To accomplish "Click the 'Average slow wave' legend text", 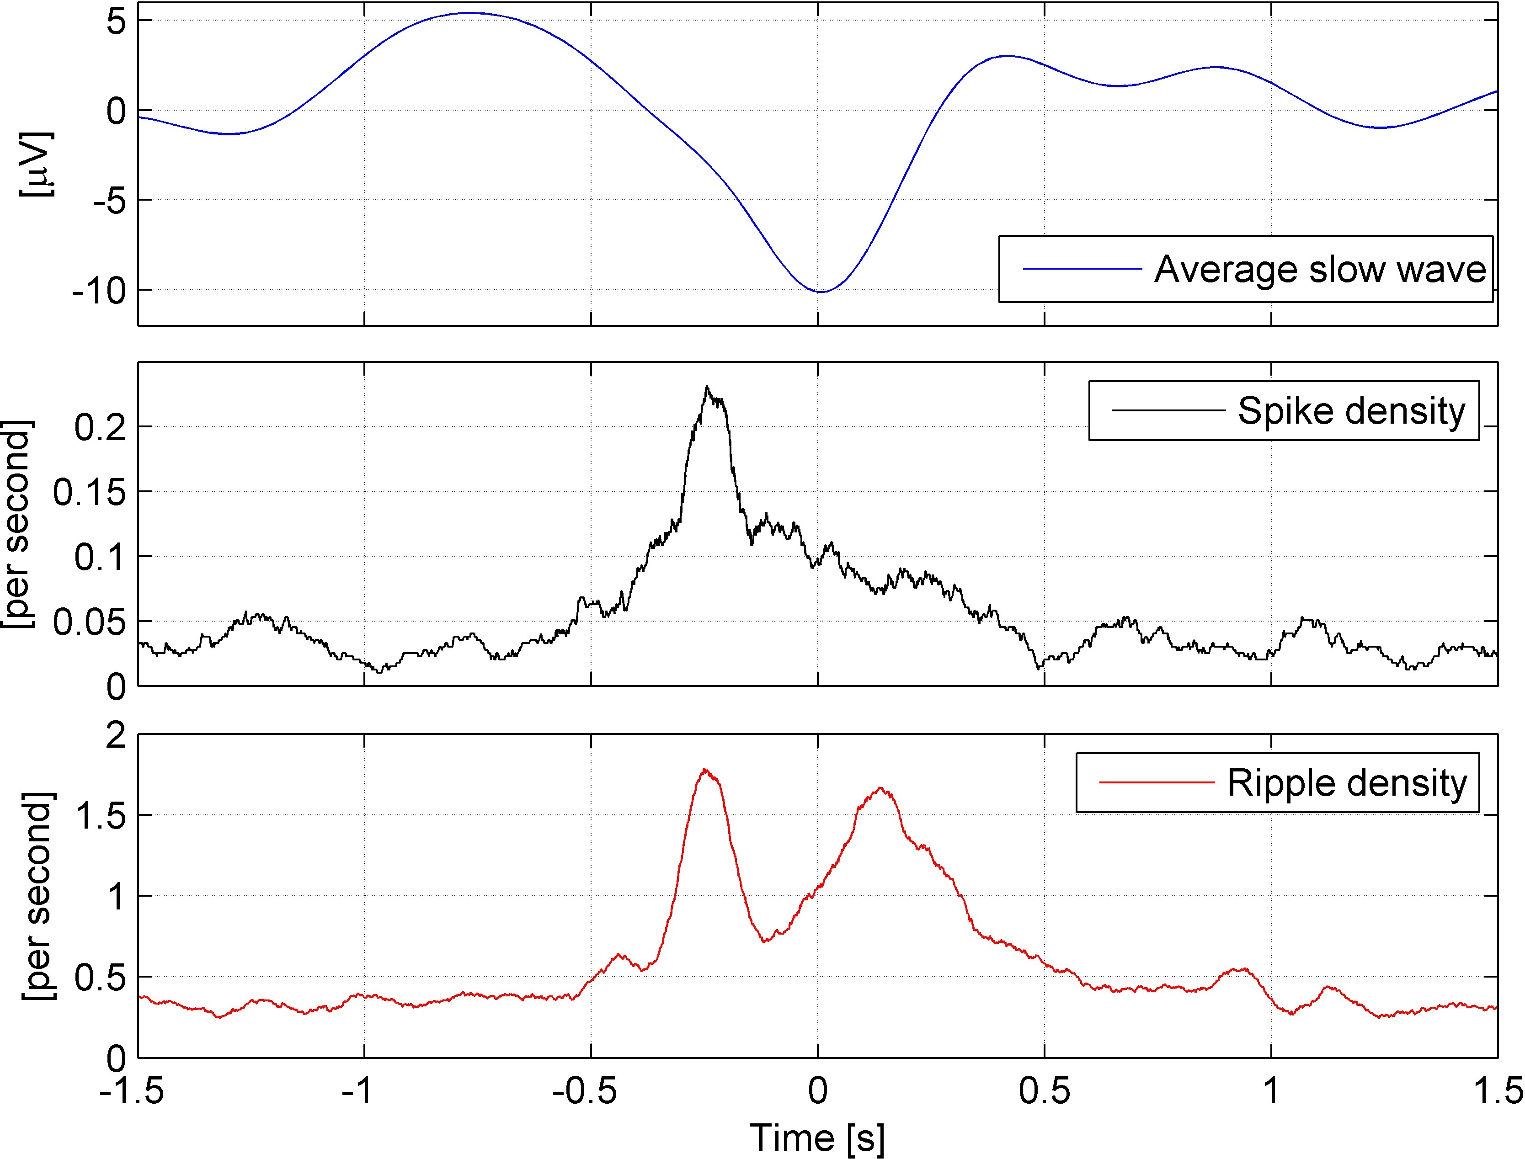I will point(1319,269).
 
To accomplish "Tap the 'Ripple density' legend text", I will point(1346,783).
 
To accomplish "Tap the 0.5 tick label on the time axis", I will point(1044,1091).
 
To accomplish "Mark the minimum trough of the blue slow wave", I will point(820,292).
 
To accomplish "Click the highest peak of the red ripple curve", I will point(704,769).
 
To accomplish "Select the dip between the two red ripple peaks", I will point(765,940).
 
